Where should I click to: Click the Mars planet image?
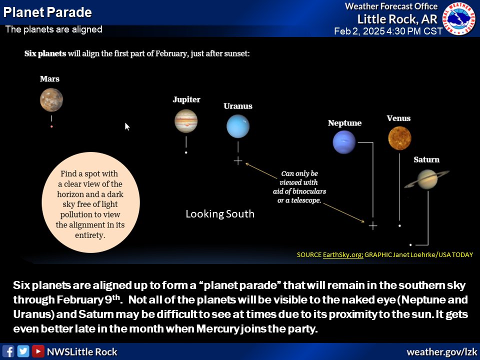pos(51,99)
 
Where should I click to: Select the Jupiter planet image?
pos(186,121)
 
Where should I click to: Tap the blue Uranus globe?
pos(237,126)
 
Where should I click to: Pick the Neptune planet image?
pos(344,142)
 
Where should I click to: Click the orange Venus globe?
pos(399,137)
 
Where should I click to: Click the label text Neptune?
pos(344,123)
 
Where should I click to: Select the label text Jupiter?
pos(186,99)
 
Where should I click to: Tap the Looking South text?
pos(220,214)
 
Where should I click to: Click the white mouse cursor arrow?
pos(127,126)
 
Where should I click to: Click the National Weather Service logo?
pos(461,19)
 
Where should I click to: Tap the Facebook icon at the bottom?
pos(8,351)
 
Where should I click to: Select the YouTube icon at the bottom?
pos(38,351)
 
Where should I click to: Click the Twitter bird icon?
pos(23,351)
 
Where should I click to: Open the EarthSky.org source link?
pos(343,254)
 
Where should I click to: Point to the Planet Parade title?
pos(47,12)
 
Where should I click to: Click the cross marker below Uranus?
pos(238,160)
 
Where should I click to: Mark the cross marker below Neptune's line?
pos(372,225)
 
